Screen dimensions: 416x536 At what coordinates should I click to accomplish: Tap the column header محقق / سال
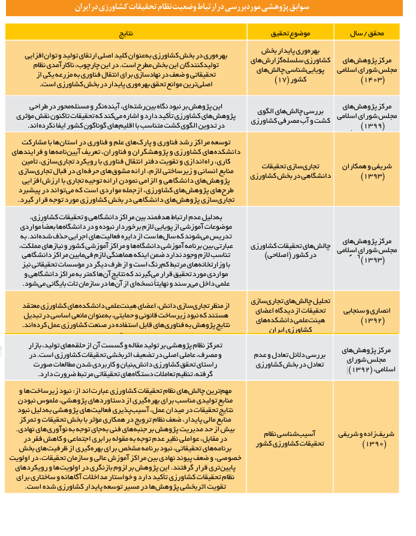pyautogui.click(x=367, y=30)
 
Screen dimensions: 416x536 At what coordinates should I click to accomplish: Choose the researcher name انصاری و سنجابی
pyautogui.click(x=367, y=311)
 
